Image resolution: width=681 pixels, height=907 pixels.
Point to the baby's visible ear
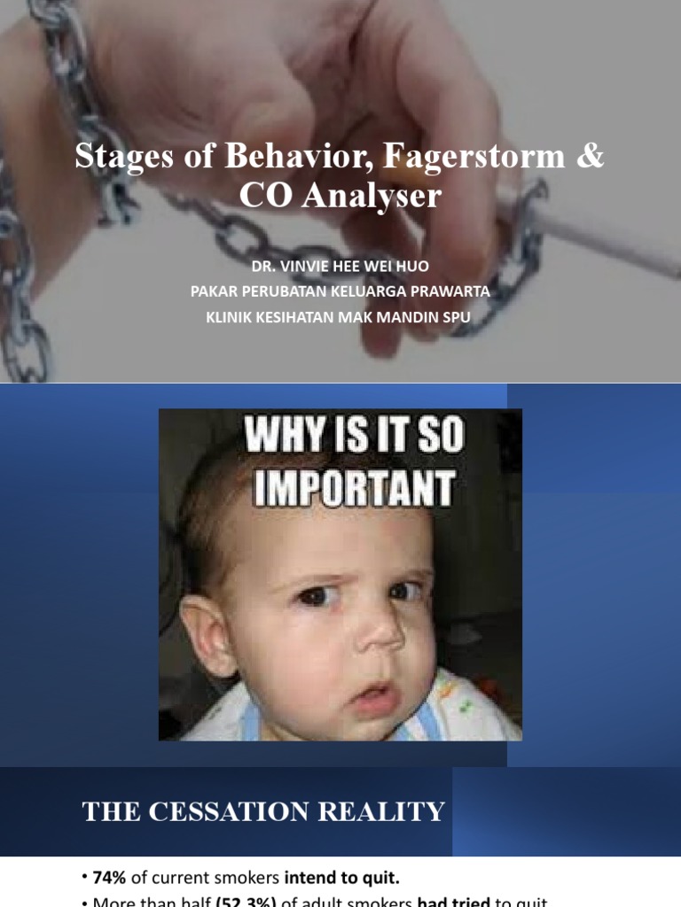pyautogui.click(x=207, y=634)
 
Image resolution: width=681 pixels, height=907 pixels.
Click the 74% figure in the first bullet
pyautogui.click(x=110, y=878)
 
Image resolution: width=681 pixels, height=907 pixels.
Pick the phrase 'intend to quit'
pyautogui.click(x=342, y=878)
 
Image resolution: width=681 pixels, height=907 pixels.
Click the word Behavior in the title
pyautogui.click(x=279, y=157)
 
